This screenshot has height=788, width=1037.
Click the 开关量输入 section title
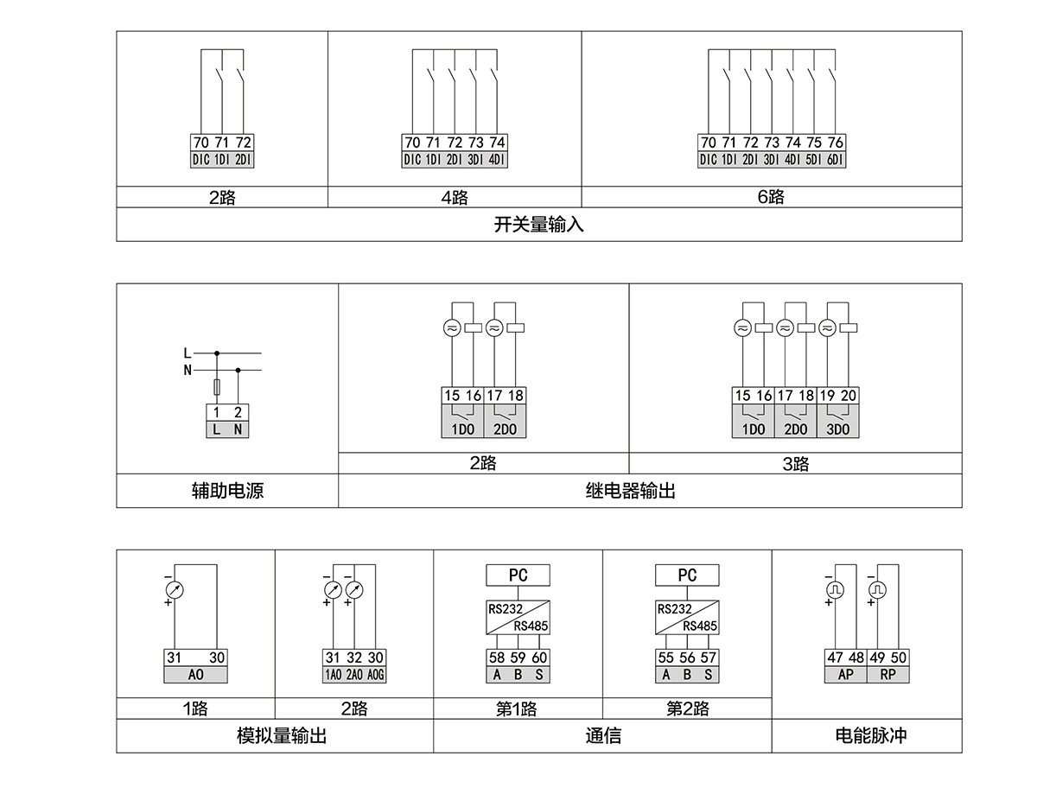click(x=539, y=225)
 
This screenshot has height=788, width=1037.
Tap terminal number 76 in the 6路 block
click(x=836, y=143)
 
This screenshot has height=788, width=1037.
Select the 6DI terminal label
click(x=836, y=159)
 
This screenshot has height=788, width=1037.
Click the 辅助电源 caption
click(x=227, y=491)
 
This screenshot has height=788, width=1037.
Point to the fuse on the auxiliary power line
click(x=217, y=386)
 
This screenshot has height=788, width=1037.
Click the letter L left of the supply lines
click(x=188, y=353)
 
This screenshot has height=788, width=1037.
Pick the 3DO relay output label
click(x=838, y=429)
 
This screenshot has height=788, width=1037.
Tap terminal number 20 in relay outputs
click(x=849, y=396)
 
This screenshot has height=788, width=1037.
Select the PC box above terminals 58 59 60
click(x=518, y=575)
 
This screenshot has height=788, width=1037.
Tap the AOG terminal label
click(x=376, y=675)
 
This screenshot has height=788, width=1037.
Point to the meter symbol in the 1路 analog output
click(x=175, y=589)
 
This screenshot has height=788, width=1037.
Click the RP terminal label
click(x=887, y=675)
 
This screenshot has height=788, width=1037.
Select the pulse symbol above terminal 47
click(x=836, y=589)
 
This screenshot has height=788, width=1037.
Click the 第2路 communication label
click(x=687, y=709)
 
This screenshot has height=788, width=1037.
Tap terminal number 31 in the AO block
click(x=174, y=658)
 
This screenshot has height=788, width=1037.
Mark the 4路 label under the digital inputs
click(x=454, y=197)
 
